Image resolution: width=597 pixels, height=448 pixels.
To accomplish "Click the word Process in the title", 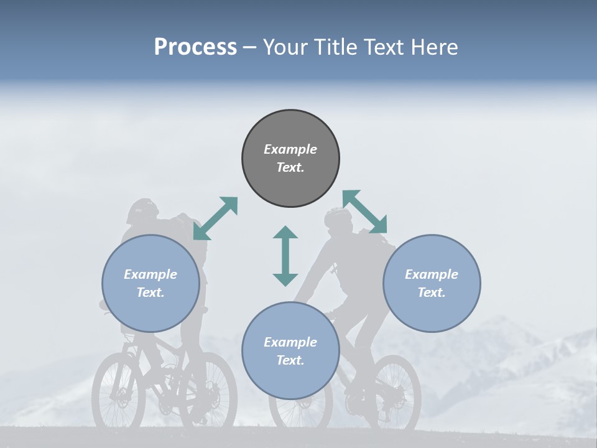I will pos(195,47).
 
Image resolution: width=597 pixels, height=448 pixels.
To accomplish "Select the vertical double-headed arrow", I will pos(285,256).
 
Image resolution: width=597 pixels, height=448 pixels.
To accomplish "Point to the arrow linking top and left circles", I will pos(215,218).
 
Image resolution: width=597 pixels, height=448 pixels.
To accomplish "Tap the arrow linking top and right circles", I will pos(364,212).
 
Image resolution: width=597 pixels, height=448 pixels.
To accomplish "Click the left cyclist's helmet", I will pos(142,210).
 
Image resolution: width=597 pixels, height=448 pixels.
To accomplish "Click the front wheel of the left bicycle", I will pos(118,392).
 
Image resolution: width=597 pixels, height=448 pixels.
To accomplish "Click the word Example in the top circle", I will pos(290,149).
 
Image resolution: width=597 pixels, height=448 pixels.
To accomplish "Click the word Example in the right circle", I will pos(432,274).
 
